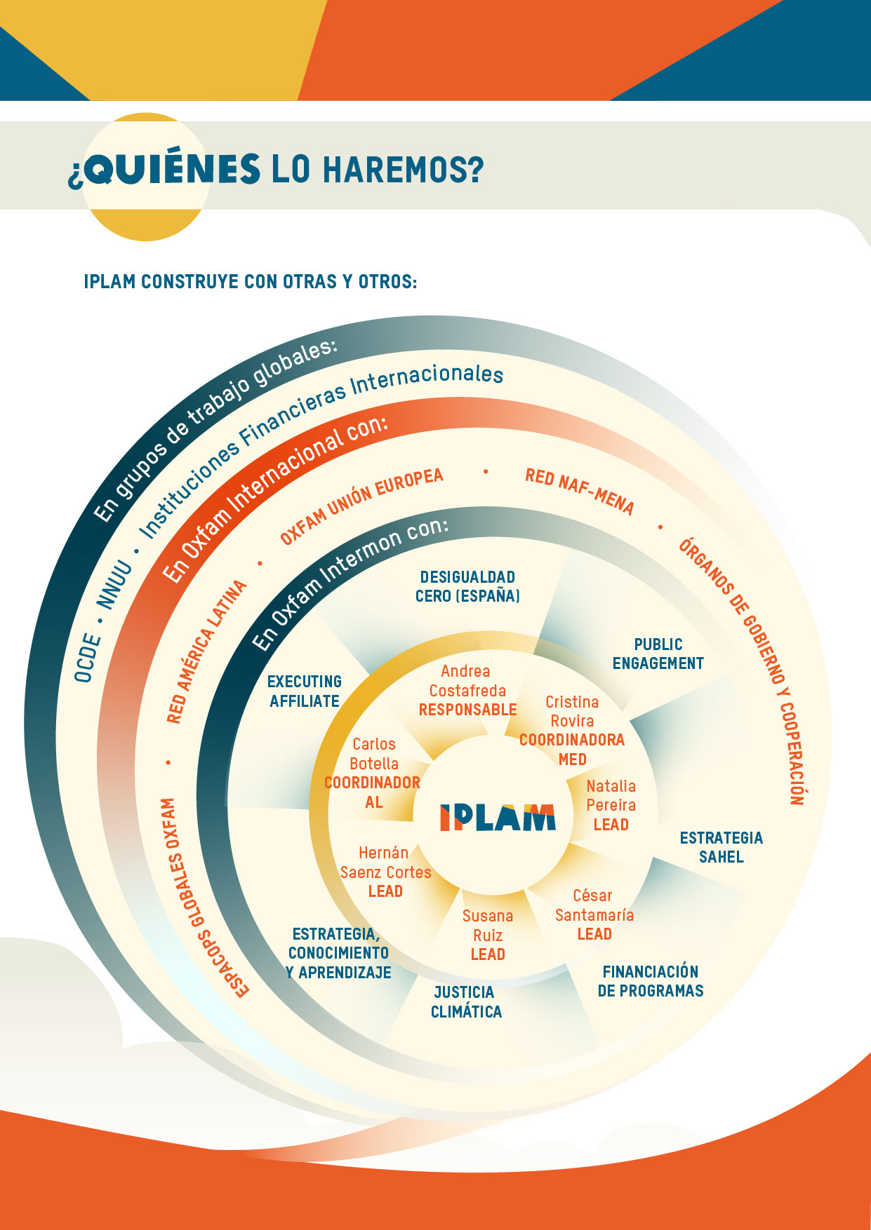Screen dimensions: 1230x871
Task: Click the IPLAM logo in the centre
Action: point(498,818)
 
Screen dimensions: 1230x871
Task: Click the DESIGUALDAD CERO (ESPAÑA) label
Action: point(467,586)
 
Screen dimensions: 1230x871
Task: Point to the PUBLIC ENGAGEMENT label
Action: point(658,654)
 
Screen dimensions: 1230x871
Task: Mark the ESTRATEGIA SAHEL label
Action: point(721,847)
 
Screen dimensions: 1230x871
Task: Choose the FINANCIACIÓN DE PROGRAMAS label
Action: point(650,981)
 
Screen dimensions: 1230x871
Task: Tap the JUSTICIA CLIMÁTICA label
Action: point(465,1002)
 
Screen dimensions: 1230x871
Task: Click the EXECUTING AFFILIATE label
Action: point(305,691)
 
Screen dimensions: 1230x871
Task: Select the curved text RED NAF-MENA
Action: point(579,492)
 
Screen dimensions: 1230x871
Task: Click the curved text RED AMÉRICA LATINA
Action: point(206,651)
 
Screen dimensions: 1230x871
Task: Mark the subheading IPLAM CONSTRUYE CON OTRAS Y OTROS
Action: point(251,282)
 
